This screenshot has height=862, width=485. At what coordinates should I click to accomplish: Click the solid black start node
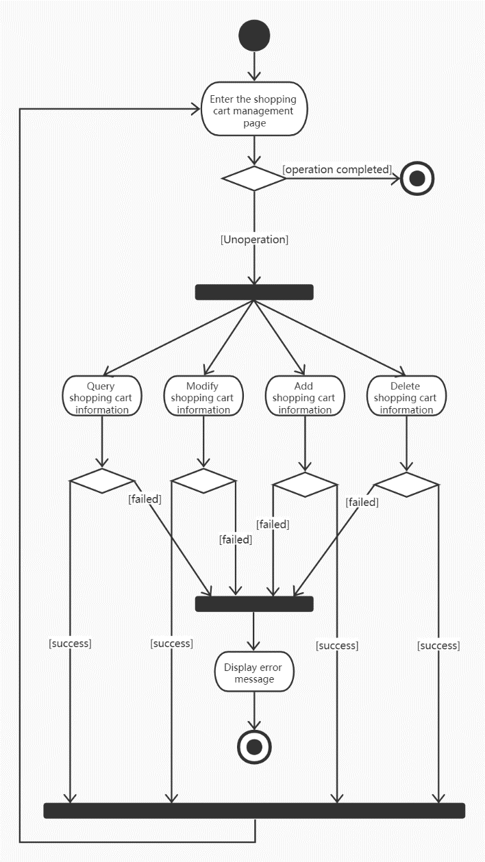254,35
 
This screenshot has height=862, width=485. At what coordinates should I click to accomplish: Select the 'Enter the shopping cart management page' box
254,111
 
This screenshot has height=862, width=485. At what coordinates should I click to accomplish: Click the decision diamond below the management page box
254,178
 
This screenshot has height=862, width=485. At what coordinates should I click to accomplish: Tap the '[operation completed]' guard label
337,169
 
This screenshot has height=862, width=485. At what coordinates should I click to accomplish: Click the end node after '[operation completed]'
418,179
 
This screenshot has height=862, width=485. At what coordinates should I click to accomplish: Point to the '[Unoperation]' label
254,240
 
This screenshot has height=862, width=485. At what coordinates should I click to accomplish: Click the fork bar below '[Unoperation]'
254,292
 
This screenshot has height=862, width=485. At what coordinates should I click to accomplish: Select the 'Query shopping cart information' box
102,397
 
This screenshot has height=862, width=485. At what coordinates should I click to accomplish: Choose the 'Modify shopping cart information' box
203,397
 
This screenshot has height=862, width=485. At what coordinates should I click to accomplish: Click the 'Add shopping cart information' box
304,397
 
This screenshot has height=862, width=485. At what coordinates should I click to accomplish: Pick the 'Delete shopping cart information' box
406,397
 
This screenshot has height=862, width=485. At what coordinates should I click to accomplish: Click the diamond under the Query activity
102,481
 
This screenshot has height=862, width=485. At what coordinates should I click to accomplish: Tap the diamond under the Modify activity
203,481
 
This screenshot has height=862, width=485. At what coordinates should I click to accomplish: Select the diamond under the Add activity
304,484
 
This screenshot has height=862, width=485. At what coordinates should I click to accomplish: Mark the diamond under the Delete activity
406,484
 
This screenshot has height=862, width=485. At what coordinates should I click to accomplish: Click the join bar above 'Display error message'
254,603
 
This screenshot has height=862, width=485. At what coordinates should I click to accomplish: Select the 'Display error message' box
254,672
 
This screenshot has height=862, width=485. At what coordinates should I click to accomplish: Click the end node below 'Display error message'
254,746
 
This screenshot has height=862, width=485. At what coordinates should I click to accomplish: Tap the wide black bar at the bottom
254,810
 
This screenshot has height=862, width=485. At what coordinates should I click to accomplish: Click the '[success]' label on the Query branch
70,644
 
